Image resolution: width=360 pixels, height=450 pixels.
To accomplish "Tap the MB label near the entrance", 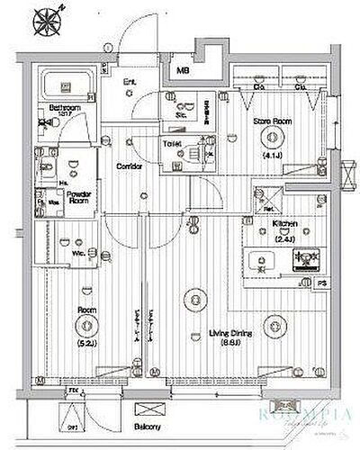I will pyautogui.click(x=183, y=69).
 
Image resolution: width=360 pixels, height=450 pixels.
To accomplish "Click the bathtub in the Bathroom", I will pyautogui.click(x=67, y=87).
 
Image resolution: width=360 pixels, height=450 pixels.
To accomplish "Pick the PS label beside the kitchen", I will pyautogui.click(x=322, y=285).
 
